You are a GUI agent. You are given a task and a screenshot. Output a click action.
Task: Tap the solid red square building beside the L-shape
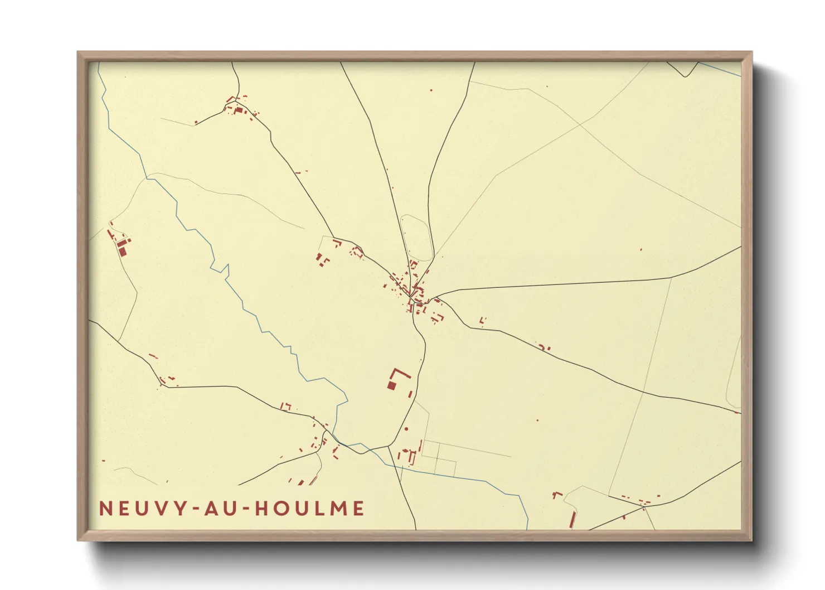point(391,385)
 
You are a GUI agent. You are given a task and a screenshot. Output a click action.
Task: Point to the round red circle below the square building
point(406,429)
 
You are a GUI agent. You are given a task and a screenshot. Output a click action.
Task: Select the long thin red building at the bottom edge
point(572,519)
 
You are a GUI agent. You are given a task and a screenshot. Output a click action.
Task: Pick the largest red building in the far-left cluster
point(123,252)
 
